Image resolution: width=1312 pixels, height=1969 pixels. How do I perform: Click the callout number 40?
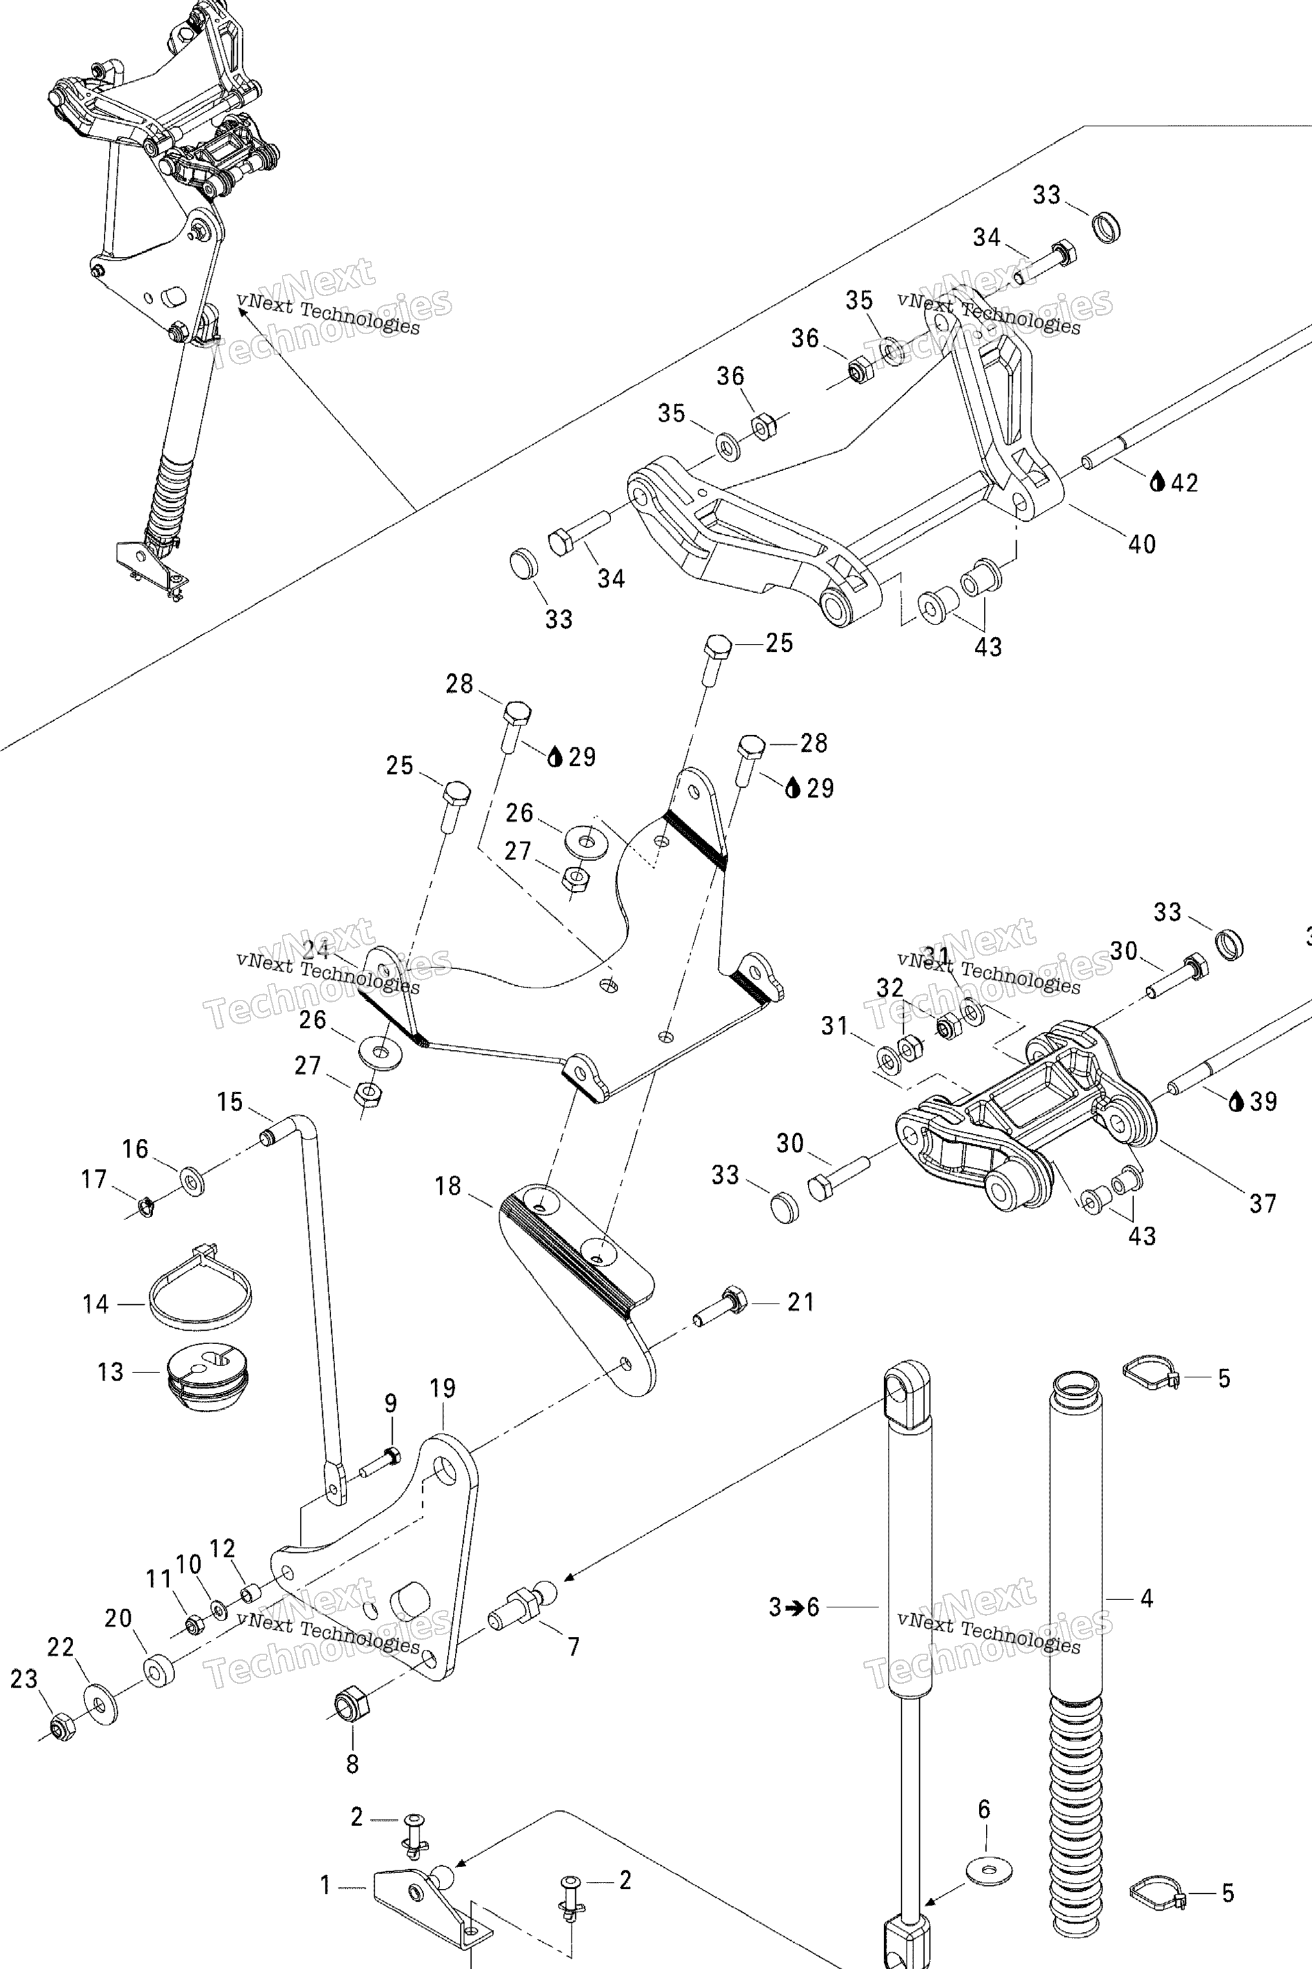(x=1142, y=545)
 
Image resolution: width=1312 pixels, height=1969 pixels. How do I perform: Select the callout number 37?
(x=1263, y=1204)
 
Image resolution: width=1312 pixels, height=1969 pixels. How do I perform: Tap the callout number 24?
(x=315, y=950)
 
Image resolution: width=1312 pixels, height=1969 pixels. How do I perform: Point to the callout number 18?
(x=448, y=1186)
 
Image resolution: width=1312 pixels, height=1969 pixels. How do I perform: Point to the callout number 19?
(x=443, y=1389)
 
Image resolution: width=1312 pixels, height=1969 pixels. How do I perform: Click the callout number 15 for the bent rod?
(x=229, y=1102)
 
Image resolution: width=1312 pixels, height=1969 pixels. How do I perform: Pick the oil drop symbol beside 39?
(x=1236, y=1102)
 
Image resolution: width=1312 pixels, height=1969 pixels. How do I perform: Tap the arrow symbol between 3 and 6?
(x=794, y=1608)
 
